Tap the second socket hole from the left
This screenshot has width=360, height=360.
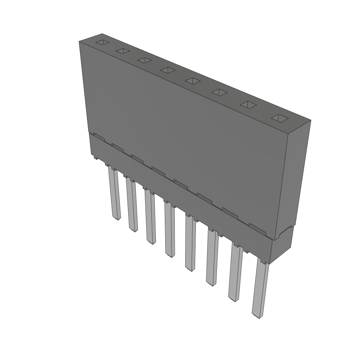point(123,51)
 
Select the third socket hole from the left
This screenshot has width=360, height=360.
point(144,60)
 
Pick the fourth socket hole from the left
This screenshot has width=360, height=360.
point(168,70)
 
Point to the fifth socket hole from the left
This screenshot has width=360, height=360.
point(193,81)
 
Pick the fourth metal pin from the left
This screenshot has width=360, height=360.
point(169,230)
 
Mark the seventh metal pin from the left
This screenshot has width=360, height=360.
point(235,273)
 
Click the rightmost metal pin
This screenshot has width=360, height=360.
point(261,288)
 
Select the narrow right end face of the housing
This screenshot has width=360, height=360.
point(298,176)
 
